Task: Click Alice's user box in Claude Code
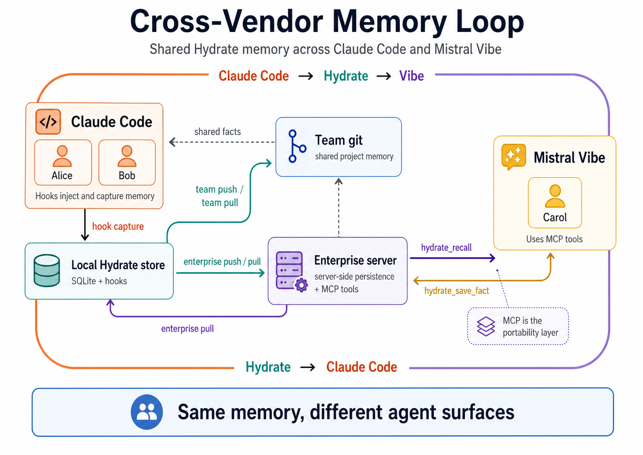(63, 163)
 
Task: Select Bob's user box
(127, 163)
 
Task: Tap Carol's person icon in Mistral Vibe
(555, 196)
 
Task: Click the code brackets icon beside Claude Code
(48, 122)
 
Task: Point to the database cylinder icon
(47, 270)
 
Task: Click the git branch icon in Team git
(296, 146)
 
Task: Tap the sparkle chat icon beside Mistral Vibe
(513, 156)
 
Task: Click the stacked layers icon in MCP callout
(486, 326)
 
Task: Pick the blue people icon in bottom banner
(147, 412)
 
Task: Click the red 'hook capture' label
(118, 226)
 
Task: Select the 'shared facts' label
(217, 132)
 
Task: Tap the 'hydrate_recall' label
(446, 248)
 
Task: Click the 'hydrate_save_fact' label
(456, 291)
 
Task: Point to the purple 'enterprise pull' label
(187, 329)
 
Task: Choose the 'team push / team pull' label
(220, 196)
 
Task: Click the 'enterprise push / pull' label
(222, 262)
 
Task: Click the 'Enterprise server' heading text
(355, 260)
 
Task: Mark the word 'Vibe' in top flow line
(411, 76)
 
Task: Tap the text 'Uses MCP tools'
(554, 239)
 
